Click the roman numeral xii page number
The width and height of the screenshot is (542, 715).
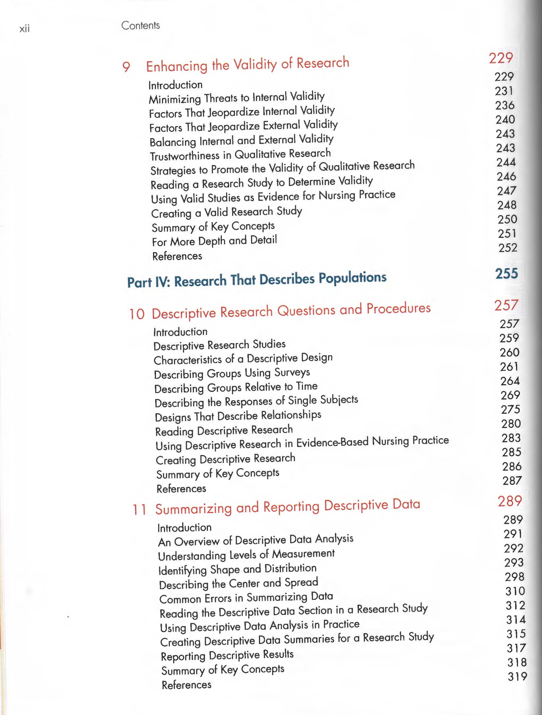[x=25, y=29]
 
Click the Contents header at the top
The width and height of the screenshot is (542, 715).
[x=140, y=25]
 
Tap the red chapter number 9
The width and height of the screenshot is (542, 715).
[x=126, y=67]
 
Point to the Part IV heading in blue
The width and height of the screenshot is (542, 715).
[x=257, y=280]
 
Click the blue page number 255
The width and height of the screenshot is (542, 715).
[x=506, y=273]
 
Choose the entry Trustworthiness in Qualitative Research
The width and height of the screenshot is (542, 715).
[x=240, y=154]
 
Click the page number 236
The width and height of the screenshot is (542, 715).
[x=505, y=105]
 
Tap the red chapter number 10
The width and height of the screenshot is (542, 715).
[x=137, y=314]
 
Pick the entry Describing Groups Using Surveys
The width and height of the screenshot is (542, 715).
[x=232, y=373]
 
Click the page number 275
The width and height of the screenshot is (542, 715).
[x=510, y=410]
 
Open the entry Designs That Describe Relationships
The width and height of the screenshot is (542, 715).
[x=238, y=416]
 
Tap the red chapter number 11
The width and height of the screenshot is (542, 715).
[x=139, y=510]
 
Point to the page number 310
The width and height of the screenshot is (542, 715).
[x=515, y=591]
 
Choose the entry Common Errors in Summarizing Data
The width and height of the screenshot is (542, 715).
[x=246, y=598]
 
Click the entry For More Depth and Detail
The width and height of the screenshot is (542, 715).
[x=214, y=241]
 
